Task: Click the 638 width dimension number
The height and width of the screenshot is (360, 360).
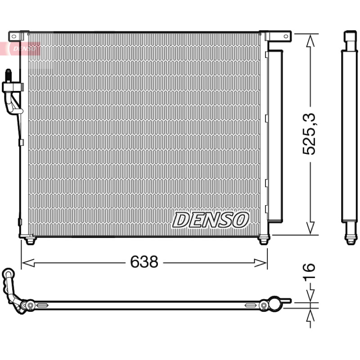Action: point(144,262)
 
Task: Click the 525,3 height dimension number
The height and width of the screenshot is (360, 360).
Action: point(309,134)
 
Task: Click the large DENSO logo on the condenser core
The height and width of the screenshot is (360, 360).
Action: point(211,220)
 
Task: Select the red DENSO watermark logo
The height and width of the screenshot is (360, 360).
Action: point(24,49)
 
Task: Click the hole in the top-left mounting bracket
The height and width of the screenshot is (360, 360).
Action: point(14,36)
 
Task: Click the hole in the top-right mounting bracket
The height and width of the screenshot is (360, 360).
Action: point(286,36)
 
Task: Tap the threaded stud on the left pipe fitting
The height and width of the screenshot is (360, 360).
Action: point(8,75)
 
